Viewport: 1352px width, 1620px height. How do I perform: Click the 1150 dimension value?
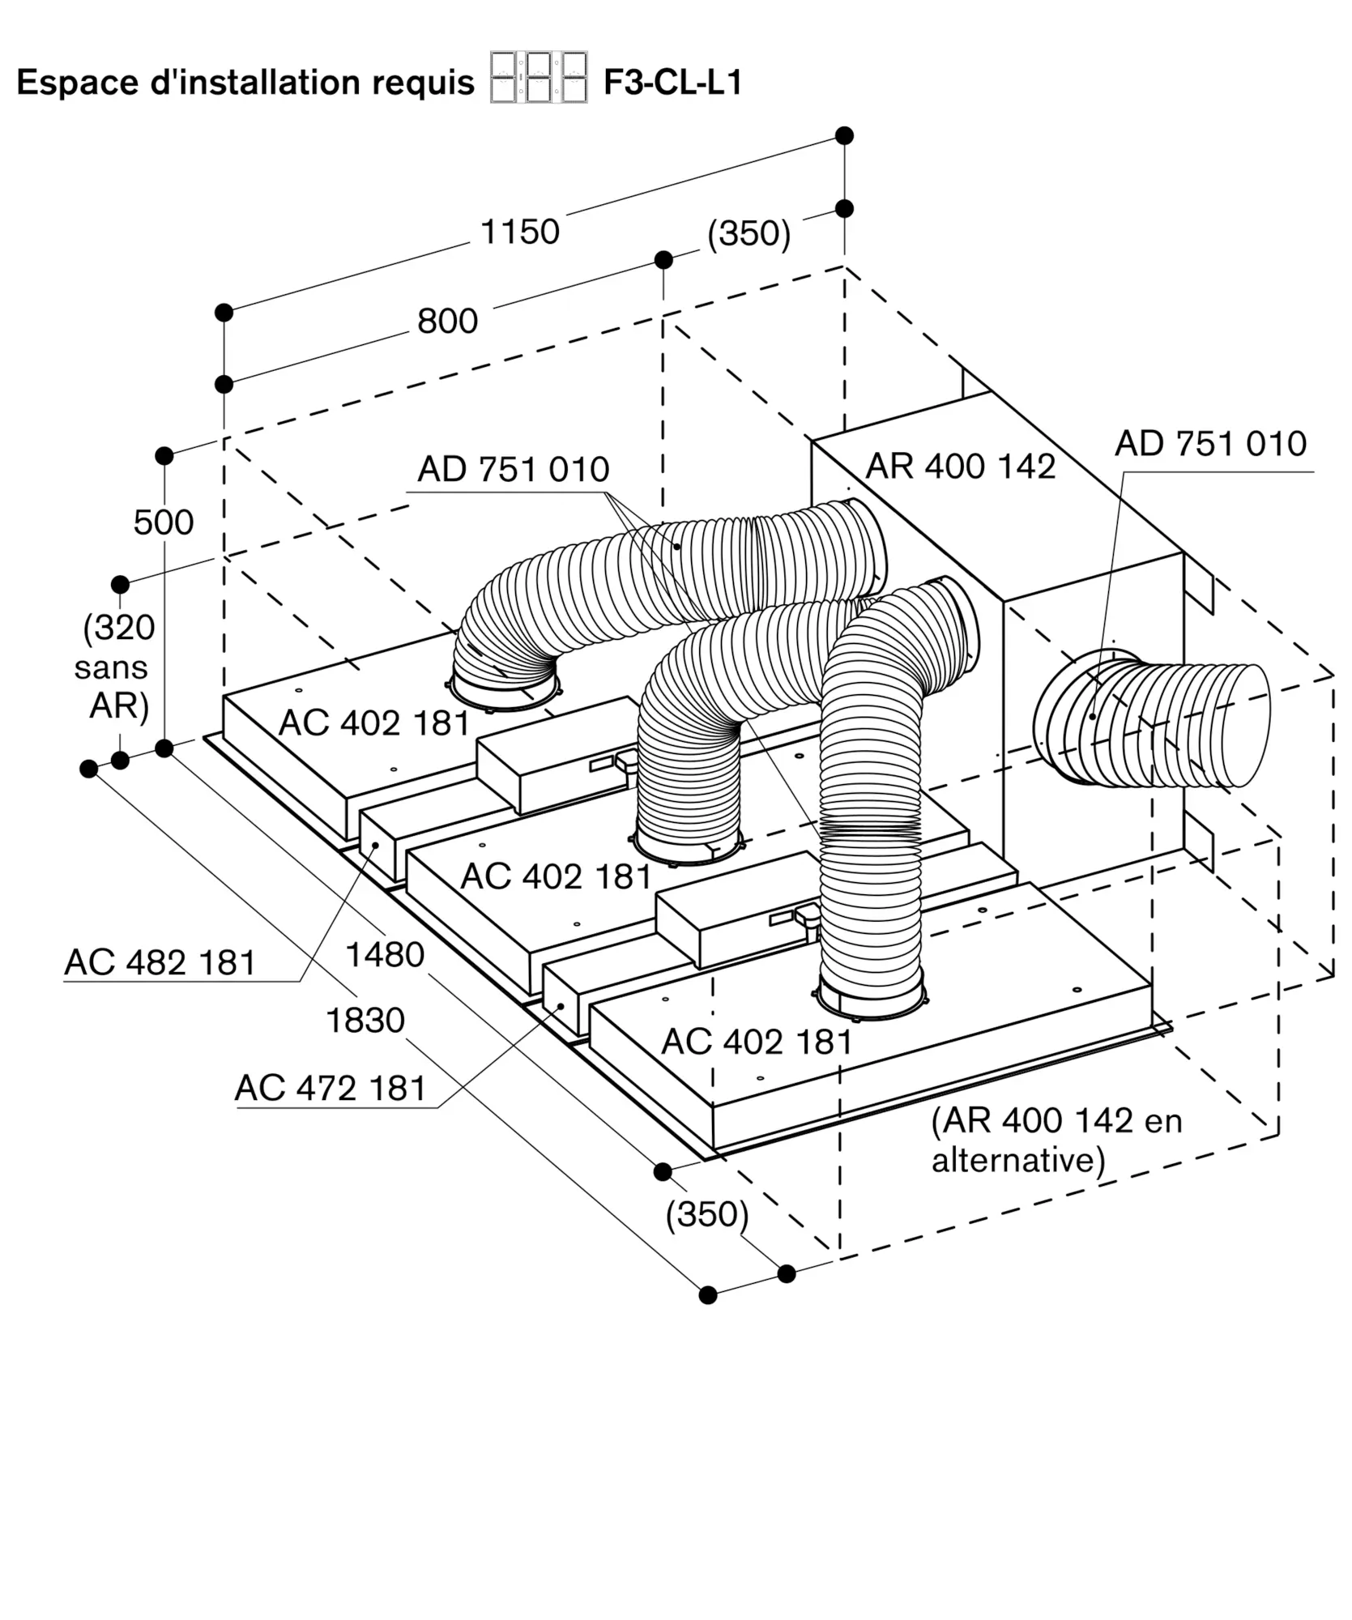(x=520, y=232)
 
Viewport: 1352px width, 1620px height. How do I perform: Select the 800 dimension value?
(x=447, y=322)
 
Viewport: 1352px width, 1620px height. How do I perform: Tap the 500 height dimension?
(x=164, y=522)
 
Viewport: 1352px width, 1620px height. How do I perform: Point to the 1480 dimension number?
(x=385, y=955)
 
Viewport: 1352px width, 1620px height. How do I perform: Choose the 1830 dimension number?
(x=365, y=1021)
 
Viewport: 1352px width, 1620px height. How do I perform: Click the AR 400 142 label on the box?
(x=961, y=467)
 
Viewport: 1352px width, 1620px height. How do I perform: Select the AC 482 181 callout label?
(x=160, y=962)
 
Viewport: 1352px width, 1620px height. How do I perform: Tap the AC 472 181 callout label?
(x=331, y=1088)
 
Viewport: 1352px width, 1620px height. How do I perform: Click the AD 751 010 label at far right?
(x=1210, y=444)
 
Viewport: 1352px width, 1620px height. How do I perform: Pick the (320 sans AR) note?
(x=116, y=667)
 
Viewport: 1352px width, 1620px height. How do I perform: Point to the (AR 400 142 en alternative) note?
(x=1056, y=1140)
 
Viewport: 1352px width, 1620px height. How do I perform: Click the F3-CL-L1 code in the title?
(x=672, y=83)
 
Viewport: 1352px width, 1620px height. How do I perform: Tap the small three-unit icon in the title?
(x=539, y=78)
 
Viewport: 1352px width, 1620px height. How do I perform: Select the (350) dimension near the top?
(x=749, y=233)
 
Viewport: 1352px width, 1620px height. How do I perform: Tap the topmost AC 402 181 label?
(x=374, y=723)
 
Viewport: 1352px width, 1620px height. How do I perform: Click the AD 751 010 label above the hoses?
(x=514, y=470)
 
